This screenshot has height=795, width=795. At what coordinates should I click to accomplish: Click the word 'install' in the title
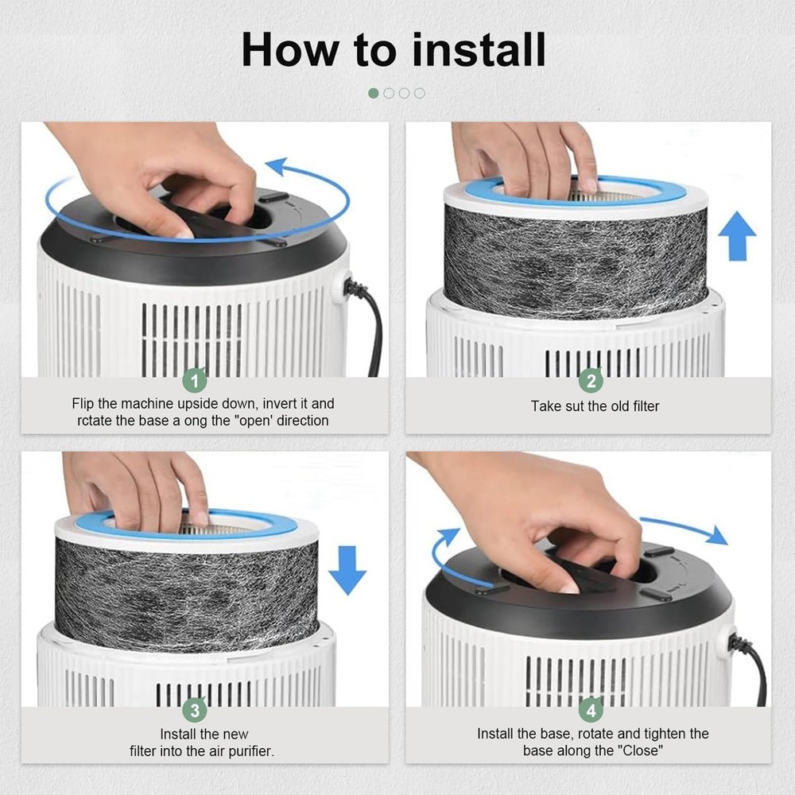point(479,49)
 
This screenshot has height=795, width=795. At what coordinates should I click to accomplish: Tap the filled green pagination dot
point(374,93)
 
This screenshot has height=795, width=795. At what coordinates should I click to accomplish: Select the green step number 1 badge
point(196,380)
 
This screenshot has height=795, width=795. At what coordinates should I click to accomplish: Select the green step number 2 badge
point(591,380)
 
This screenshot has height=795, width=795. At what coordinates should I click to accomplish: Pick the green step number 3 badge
point(196,710)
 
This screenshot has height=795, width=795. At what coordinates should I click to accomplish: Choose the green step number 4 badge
point(591,710)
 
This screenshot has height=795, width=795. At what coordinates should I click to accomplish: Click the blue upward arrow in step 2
point(737,236)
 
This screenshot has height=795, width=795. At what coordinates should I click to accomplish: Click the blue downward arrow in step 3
point(347,570)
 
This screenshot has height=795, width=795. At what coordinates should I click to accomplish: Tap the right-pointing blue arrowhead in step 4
point(718,535)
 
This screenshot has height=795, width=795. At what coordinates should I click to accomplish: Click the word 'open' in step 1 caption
point(255,421)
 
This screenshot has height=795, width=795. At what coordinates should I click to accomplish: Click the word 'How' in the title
point(290,49)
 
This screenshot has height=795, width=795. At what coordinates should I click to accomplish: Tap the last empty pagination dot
point(419,93)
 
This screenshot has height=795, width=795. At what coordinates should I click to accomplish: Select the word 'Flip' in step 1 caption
point(83,404)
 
